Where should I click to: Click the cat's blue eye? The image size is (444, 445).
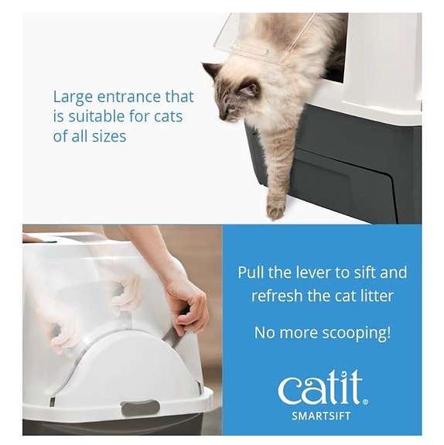232,108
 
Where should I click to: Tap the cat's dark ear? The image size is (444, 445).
211,70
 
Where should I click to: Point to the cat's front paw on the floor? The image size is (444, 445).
276,210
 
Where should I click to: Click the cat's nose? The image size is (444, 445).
221,117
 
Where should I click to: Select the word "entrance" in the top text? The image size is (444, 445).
129,97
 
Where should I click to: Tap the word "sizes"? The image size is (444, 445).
109,136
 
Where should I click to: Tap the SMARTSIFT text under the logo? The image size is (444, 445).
321,416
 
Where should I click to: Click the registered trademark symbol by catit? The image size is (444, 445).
365,402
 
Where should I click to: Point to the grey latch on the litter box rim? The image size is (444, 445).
140,409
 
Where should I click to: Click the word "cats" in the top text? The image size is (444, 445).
168,117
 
